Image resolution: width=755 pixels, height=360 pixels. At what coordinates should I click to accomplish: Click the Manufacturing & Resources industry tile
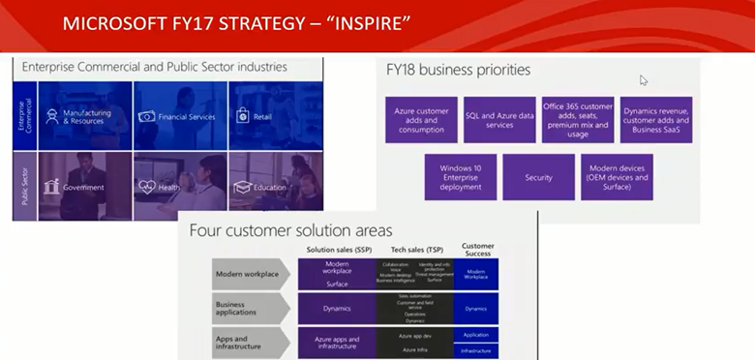click(x=82, y=116)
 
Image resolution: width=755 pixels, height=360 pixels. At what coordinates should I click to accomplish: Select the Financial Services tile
click(x=179, y=116)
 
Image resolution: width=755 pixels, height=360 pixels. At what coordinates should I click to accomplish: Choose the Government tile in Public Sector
click(x=82, y=187)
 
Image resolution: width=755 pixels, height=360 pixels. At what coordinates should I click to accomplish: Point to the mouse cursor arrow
click(x=644, y=80)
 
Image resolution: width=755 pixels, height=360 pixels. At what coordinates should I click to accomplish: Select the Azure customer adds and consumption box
click(x=420, y=120)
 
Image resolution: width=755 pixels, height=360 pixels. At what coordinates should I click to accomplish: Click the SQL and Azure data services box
click(x=498, y=120)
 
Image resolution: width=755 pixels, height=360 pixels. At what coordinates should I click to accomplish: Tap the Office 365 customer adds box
click(x=577, y=120)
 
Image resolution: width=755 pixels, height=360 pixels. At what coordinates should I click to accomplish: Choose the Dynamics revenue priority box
click(x=656, y=120)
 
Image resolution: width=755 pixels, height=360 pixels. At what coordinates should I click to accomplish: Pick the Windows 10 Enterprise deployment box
click(x=460, y=177)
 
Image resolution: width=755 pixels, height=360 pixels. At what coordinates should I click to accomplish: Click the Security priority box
click(x=538, y=177)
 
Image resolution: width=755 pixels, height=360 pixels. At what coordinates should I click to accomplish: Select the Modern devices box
click(x=617, y=177)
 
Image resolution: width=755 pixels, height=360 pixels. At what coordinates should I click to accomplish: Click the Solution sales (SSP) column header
click(x=336, y=251)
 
